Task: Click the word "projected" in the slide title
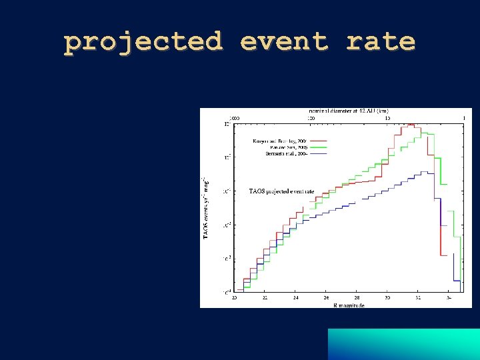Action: click(x=143, y=42)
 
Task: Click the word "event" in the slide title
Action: click(x=285, y=42)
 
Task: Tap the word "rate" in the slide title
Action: click(x=381, y=42)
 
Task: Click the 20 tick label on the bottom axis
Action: click(x=234, y=298)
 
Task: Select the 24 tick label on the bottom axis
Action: click(x=295, y=298)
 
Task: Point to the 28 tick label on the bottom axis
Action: click(x=357, y=298)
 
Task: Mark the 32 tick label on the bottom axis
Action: click(x=418, y=298)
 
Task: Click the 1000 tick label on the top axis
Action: click(x=235, y=117)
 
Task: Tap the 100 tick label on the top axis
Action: click(x=311, y=117)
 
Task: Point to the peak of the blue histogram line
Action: click(x=424, y=172)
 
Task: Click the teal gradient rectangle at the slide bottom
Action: click(x=403, y=344)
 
